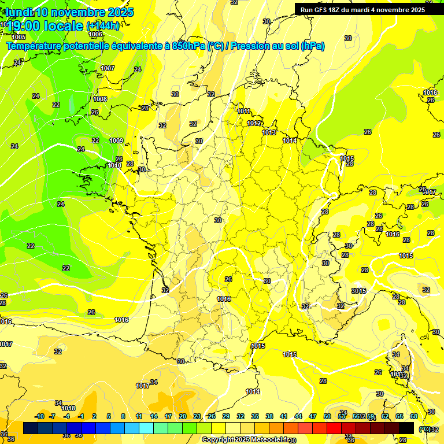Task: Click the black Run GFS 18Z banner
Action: click(x=362, y=10)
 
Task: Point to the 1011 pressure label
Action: click(x=244, y=111)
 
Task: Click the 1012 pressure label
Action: click(x=254, y=123)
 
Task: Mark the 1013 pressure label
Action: click(x=269, y=132)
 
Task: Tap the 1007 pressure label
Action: click(x=108, y=68)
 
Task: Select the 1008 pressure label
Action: click(x=100, y=99)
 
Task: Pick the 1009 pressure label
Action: click(x=116, y=140)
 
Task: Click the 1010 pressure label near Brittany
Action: click(x=114, y=165)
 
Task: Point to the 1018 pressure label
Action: click(x=68, y=408)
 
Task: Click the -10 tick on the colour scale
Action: click(x=39, y=416)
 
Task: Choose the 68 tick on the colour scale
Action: click(x=414, y=416)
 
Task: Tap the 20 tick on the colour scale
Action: click(x=182, y=416)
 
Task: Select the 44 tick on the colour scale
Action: click(x=298, y=416)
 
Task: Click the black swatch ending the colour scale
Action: click(x=406, y=428)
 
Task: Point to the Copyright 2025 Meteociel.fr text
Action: click(x=245, y=439)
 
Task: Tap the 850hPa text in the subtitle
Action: click(x=188, y=46)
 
